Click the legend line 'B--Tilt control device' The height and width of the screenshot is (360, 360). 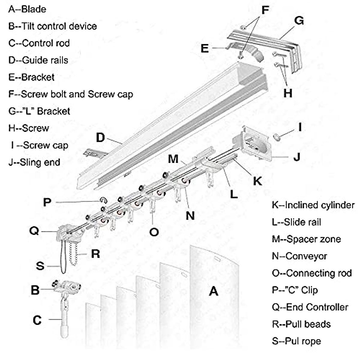coord(52,26)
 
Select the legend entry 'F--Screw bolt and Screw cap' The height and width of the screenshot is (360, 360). coord(70,94)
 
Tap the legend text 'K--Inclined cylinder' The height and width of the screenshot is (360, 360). coord(313,205)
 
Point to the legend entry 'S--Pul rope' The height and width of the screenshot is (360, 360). coord(296,341)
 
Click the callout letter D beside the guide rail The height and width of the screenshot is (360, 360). coord(100,138)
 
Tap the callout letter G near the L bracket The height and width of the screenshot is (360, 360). coord(299,21)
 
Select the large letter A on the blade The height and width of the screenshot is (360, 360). coord(214,291)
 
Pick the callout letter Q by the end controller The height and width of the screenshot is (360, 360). coord(34,231)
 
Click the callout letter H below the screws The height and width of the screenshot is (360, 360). coord(288,93)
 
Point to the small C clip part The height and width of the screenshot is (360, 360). coord(103,200)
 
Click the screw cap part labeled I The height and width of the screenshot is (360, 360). coord(277,137)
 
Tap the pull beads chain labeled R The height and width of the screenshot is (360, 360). coord(73,253)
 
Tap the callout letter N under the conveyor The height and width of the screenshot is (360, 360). coord(190,216)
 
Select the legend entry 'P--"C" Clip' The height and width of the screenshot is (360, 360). coord(295,290)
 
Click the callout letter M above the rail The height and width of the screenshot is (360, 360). coord(173,159)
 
